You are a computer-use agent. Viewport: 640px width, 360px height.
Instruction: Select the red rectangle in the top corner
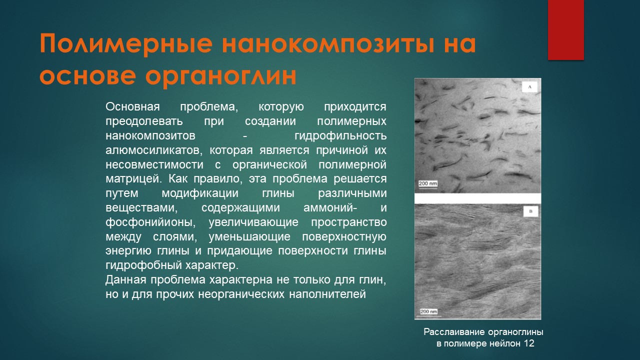pos(565,29)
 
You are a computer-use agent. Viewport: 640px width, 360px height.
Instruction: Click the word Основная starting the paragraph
pos(132,106)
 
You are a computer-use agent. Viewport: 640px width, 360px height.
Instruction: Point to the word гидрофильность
pos(340,136)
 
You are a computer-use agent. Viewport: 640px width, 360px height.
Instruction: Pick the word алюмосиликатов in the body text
pos(153,150)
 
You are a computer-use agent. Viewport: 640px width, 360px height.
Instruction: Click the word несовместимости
pos(154,164)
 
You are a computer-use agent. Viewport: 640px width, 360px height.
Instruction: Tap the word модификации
pos(200,193)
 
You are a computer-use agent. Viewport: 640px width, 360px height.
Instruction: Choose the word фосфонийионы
pos(150,222)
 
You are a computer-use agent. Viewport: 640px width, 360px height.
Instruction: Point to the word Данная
pos(126,280)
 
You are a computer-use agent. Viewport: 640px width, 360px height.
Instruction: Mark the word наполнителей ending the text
pos(327,294)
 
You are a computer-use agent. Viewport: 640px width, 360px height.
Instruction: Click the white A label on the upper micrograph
pos(529,87)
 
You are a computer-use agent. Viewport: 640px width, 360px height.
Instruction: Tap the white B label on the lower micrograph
pos(530,211)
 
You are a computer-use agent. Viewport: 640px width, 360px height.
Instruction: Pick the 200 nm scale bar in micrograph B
pos(429,312)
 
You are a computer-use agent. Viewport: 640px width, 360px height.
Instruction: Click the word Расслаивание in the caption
pos(454,332)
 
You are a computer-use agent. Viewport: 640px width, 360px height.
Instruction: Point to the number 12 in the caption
pos(529,343)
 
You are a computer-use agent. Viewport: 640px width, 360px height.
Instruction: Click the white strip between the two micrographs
pos(477,198)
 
